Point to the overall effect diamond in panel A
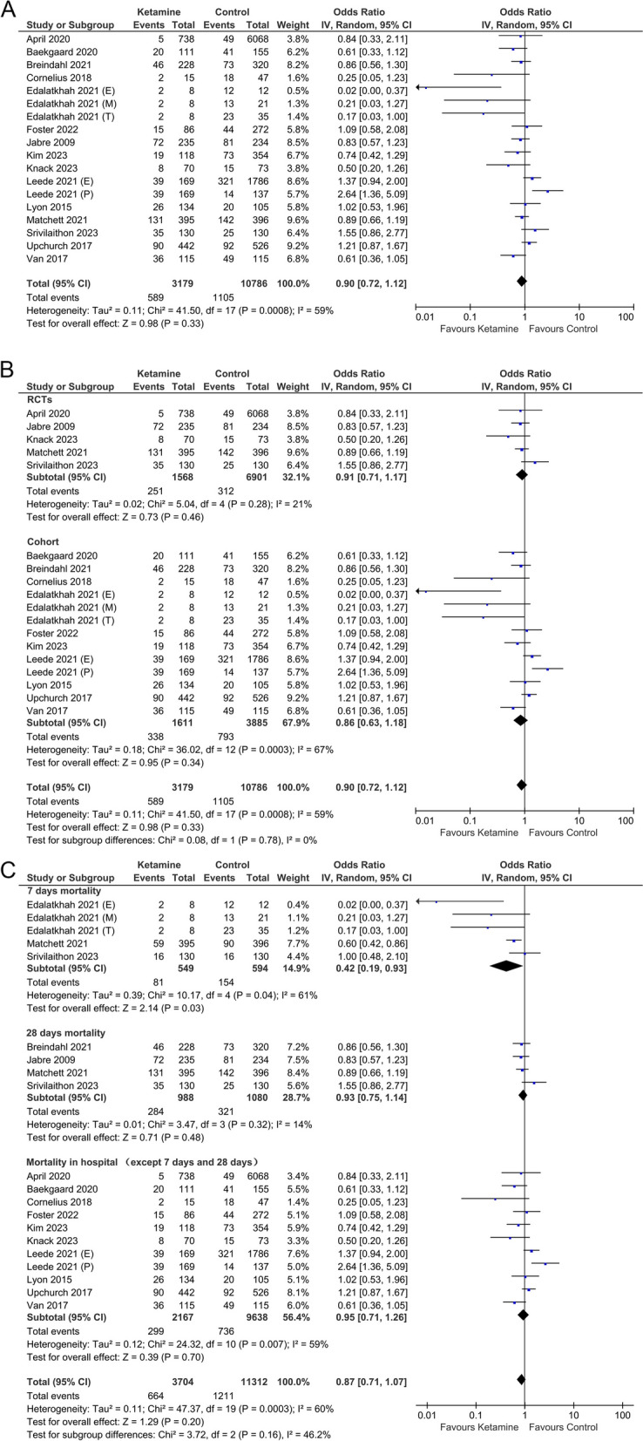pos(521,280)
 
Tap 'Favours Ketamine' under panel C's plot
pos(478,1427)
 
